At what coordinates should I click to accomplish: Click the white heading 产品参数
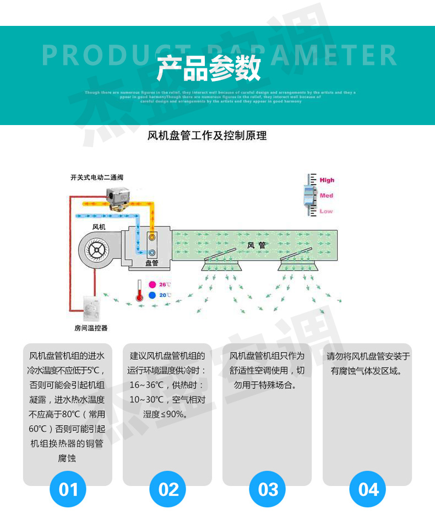click(208, 69)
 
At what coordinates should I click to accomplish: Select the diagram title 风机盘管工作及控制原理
click(208, 135)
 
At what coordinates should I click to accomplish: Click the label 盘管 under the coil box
click(151, 263)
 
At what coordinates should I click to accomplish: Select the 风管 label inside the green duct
click(256, 245)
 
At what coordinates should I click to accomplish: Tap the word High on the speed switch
click(327, 180)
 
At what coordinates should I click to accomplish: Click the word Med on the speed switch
click(326, 196)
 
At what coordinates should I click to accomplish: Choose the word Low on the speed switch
click(326, 211)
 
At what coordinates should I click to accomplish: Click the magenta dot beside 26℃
click(152, 285)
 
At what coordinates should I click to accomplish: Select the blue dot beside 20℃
click(152, 295)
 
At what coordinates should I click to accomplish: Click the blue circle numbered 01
click(68, 489)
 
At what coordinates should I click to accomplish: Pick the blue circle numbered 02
click(168, 489)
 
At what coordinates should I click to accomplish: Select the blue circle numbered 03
click(268, 489)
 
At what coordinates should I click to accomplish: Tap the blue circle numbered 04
click(368, 489)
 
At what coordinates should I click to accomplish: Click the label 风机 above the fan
click(99, 226)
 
